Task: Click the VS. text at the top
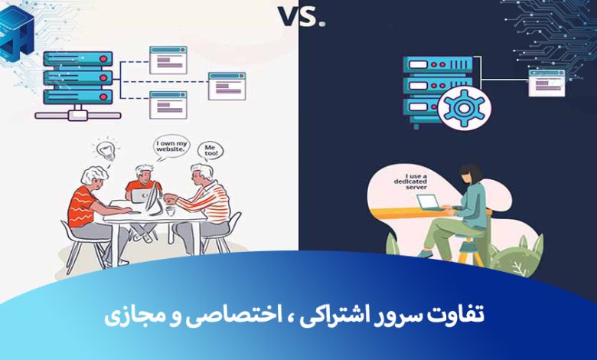(x=298, y=16)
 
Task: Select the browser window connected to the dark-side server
(x=546, y=82)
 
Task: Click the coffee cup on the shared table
(x=171, y=206)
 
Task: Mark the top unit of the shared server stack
(x=77, y=59)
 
